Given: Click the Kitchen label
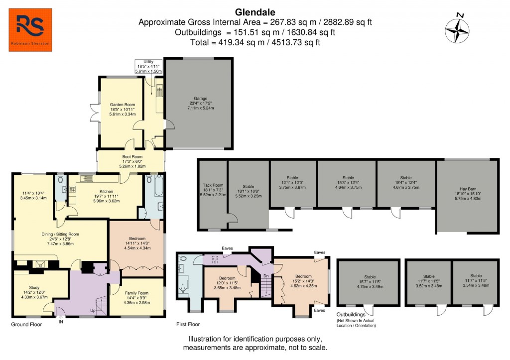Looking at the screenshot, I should [x=106, y=191].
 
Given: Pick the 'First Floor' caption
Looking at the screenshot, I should [x=188, y=324].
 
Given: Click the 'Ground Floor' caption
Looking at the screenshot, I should [x=26, y=324].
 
